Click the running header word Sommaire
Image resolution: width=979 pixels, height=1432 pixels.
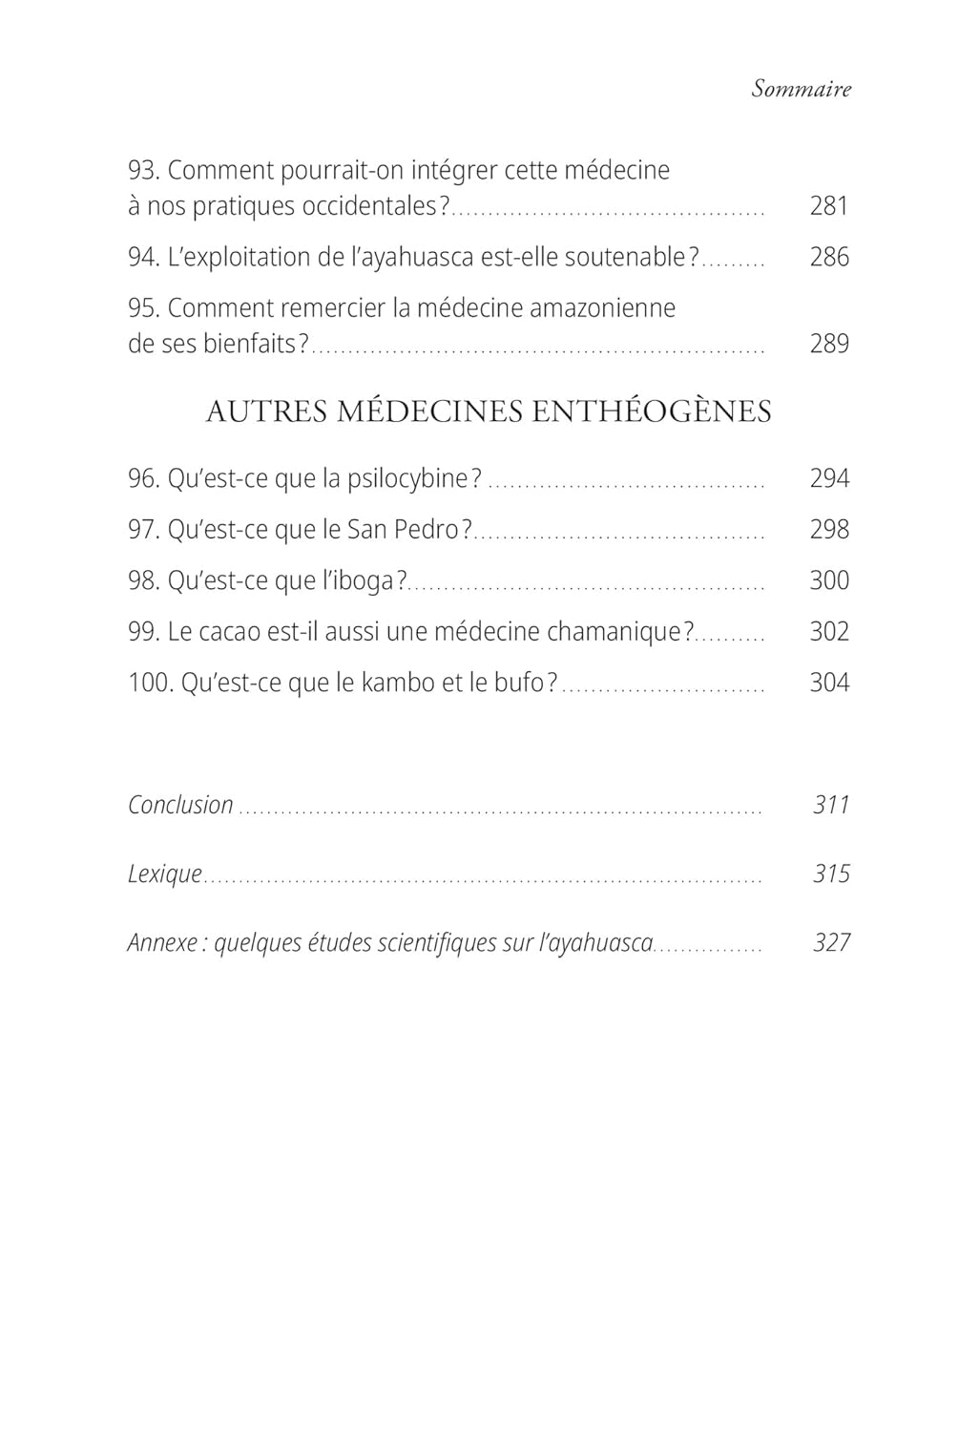[x=801, y=89]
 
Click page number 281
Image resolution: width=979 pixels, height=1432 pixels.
[x=828, y=205]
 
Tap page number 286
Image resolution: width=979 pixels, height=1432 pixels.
[x=828, y=257]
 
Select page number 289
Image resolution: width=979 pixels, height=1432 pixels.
[x=828, y=343]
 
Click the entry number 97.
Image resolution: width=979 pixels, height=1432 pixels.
[x=144, y=529]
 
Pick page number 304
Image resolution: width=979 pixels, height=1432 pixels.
[x=828, y=683]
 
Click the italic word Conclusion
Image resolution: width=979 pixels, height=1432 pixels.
[x=180, y=805]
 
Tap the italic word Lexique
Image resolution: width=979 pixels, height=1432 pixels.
[x=165, y=874]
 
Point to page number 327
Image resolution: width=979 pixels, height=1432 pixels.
[x=831, y=942]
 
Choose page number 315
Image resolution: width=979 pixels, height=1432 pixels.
[x=831, y=874]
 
